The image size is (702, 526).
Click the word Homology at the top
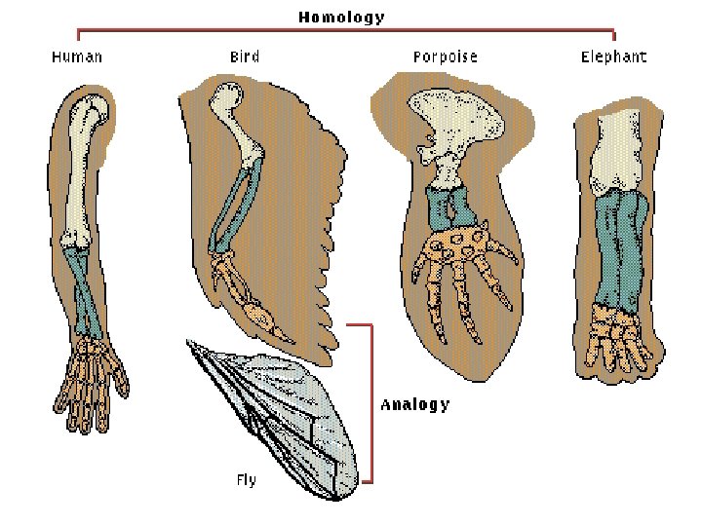click(x=341, y=17)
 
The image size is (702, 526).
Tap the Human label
click(x=77, y=56)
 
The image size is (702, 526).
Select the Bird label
click(x=245, y=56)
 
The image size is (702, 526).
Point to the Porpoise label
click(x=445, y=56)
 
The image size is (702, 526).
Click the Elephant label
click(x=613, y=56)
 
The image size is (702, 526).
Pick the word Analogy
click(x=414, y=403)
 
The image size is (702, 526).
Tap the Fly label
click(x=246, y=479)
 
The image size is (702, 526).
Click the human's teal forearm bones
click(x=86, y=292)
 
